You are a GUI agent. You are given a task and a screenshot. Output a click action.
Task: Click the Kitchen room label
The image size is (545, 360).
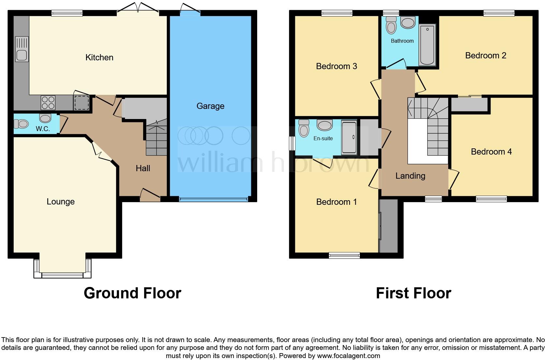pyautogui.click(x=99, y=58)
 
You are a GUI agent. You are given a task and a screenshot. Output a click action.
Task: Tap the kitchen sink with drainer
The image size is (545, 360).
pyautogui.click(x=22, y=49)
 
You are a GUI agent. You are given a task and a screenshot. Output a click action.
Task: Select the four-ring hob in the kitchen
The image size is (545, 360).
pyautogui.click(x=48, y=102)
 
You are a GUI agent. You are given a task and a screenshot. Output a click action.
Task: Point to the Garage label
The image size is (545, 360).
pyautogui.click(x=210, y=106)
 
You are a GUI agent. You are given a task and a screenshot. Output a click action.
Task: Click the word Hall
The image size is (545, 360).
pyautogui.click(x=143, y=168)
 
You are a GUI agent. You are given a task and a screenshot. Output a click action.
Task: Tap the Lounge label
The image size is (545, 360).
pyautogui.click(x=61, y=202)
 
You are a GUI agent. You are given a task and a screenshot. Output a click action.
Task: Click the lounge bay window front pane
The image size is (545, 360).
pyautogui.click(x=62, y=276)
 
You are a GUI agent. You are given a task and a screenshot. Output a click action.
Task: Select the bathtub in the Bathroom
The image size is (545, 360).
pyautogui.click(x=427, y=45)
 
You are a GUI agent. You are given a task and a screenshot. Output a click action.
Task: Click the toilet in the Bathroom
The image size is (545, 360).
pyautogui.click(x=390, y=25)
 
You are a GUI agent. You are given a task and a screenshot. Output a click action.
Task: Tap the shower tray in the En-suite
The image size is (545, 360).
pyautogui.click(x=349, y=137)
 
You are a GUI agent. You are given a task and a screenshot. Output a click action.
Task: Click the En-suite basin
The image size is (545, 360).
pyautogui.click(x=324, y=125)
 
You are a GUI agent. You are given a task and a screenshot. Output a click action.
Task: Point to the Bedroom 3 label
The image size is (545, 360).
pyautogui.click(x=336, y=66)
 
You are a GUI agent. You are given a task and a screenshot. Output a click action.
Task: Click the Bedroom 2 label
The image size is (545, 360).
pyautogui.click(x=485, y=55)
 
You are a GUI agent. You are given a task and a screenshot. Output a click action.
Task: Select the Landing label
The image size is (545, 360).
pyautogui.click(x=410, y=176)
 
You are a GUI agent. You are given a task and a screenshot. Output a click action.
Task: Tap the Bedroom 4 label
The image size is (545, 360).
pyautogui.click(x=491, y=152)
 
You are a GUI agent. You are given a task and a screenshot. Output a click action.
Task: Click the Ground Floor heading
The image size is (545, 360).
pyautogui.click(x=132, y=293)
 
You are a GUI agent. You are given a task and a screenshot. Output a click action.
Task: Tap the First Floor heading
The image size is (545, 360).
pyautogui.click(x=413, y=293)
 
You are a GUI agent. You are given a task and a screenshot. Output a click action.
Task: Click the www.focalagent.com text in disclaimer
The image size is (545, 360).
pyautogui.click(x=348, y=356)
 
